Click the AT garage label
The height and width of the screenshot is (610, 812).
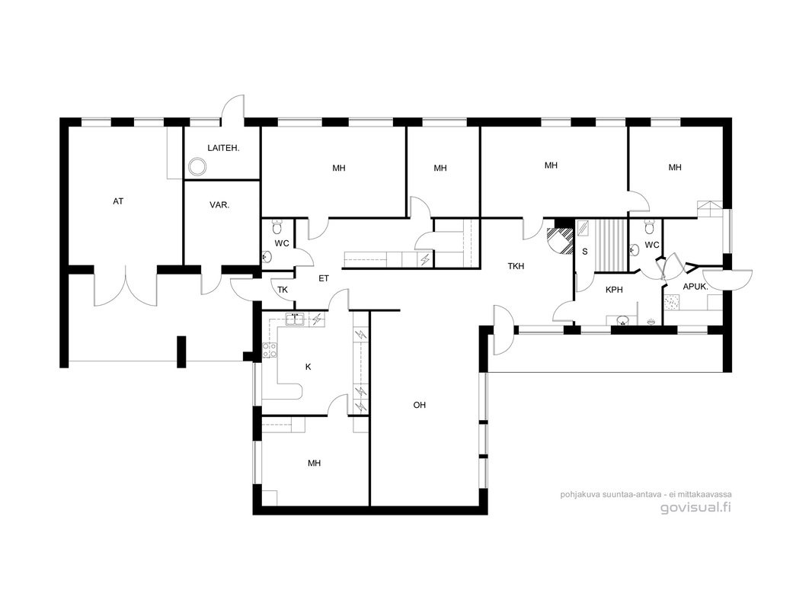118,201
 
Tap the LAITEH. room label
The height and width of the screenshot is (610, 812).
223,148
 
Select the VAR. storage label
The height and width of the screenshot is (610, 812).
219,204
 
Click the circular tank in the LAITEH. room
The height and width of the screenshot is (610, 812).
197,166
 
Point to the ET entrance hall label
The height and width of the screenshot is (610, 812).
324,278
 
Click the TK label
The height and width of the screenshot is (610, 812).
283,290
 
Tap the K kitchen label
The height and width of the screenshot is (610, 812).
308,367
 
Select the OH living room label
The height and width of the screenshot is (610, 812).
420,405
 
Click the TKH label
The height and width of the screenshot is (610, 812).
516,266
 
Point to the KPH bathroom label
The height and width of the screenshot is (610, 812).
614,290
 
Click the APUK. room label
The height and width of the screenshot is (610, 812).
695,286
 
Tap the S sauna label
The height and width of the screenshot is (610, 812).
585,252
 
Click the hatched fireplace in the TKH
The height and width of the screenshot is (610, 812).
560,240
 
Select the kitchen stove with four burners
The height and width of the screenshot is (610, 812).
270,350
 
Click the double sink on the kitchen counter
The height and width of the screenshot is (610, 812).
296,319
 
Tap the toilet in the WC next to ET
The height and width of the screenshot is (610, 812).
277,227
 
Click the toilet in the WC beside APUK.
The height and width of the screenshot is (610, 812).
650,226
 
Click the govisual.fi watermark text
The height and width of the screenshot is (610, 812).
695,507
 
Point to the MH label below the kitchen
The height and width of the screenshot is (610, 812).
315,463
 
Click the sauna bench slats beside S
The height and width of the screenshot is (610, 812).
611,245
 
